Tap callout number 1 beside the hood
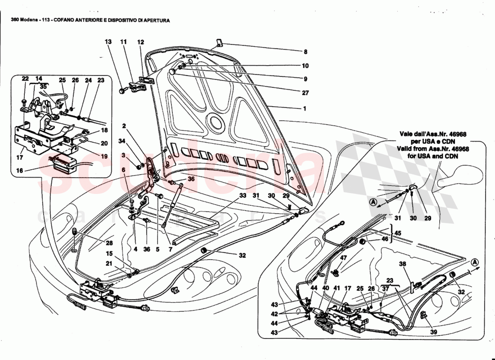305,108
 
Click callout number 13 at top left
108,42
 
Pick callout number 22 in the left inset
25,80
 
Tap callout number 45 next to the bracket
397,233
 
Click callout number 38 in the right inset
402,265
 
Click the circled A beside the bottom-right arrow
475,262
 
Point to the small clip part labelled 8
219,43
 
